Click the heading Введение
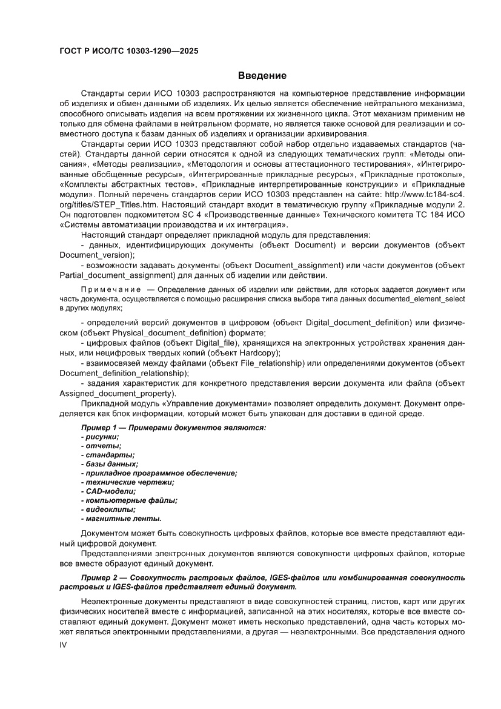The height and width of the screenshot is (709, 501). (261, 76)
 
